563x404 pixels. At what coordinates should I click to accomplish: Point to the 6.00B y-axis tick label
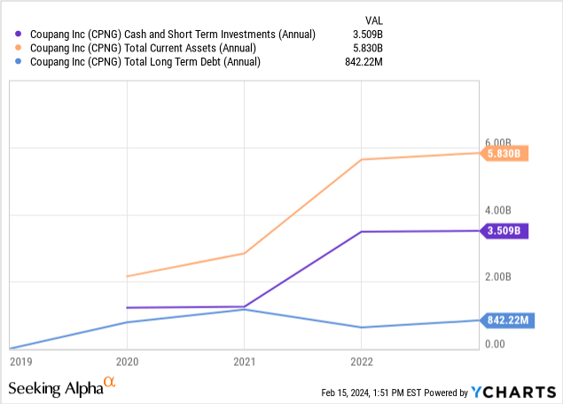[498, 143]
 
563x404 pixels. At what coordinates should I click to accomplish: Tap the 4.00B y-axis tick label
[498, 210]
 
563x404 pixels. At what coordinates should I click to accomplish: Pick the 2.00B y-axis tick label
[498, 277]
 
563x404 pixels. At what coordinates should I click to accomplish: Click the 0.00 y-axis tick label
[496, 345]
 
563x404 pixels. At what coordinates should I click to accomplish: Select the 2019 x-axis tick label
[20, 361]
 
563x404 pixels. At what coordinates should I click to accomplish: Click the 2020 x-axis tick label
[129, 361]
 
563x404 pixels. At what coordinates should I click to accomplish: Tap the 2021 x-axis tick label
[245, 361]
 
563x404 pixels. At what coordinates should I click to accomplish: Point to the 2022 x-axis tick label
[361, 361]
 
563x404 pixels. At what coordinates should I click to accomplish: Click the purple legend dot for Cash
[20, 35]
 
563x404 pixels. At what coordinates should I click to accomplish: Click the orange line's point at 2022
[361, 159]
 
